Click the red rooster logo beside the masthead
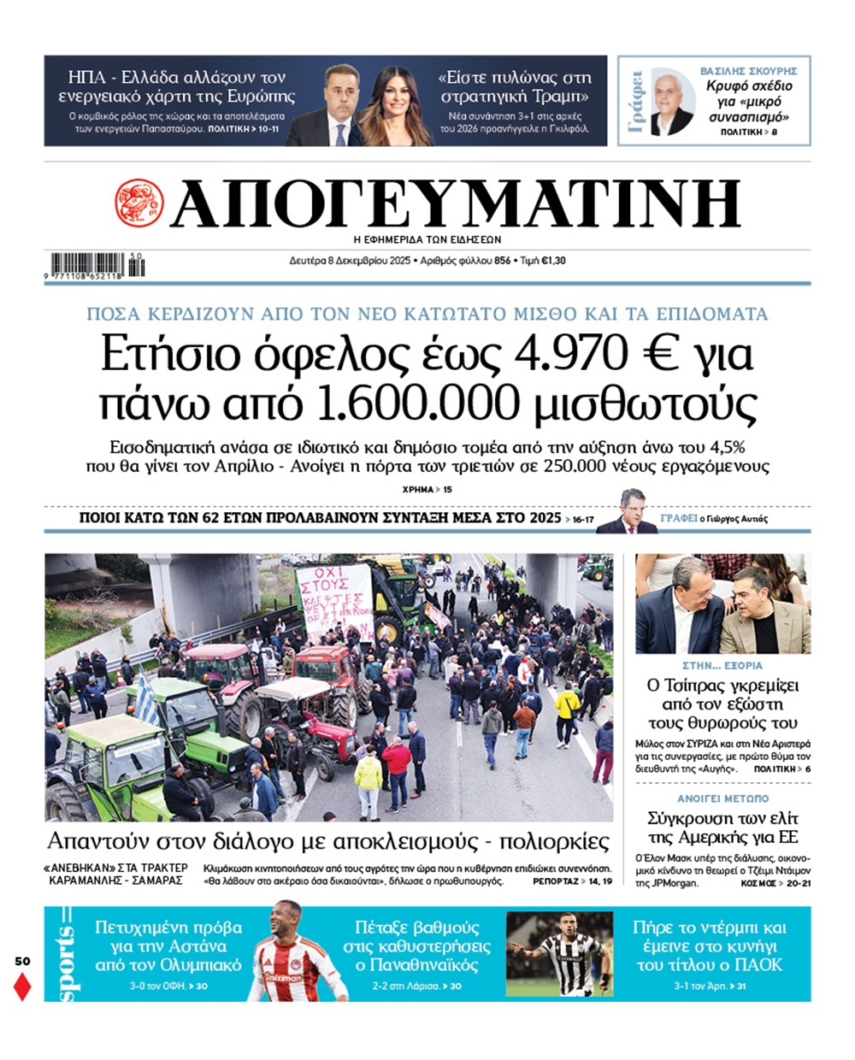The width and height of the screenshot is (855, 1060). click(x=139, y=203)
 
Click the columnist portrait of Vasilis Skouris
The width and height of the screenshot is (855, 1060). click(x=672, y=103)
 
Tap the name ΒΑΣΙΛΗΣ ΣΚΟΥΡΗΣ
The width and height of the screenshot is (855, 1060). click(x=748, y=71)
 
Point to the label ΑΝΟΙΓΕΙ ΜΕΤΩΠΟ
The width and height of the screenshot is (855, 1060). click(x=722, y=798)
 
